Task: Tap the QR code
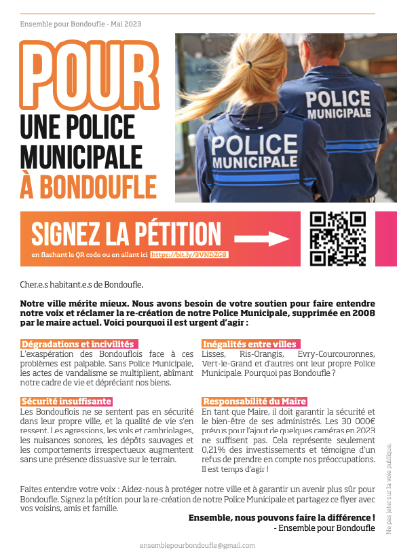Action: (338, 239)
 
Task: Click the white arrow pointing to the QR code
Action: (262, 239)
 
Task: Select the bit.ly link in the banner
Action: (189, 254)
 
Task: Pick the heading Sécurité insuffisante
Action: (67, 402)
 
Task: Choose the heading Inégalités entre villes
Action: (250, 345)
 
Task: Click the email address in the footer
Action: (197, 545)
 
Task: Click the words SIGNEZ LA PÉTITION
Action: (126, 232)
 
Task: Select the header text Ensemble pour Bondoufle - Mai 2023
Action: (80, 24)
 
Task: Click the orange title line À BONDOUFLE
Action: (88, 187)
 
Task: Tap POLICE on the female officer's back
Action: (246, 145)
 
